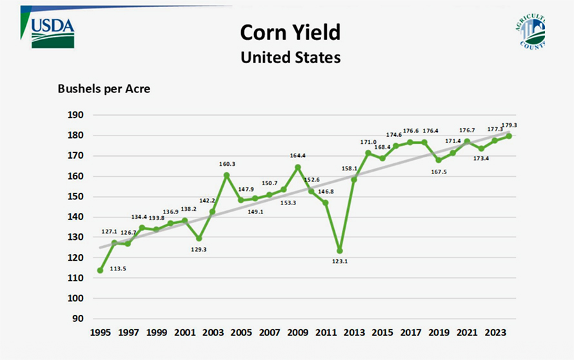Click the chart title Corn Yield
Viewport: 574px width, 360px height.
click(x=290, y=32)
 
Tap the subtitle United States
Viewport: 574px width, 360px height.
click(x=290, y=57)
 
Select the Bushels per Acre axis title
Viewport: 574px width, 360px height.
click(x=104, y=89)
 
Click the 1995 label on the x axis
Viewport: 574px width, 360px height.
click(x=100, y=333)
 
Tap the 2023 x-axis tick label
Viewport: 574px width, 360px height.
click(x=495, y=333)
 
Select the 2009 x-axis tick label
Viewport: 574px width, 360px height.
click(x=297, y=333)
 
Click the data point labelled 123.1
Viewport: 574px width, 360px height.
click(x=340, y=250)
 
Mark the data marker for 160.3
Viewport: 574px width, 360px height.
click(x=227, y=175)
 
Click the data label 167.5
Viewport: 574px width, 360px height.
click(x=439, y=172)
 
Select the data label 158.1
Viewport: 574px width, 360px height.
click(x=351, y=169)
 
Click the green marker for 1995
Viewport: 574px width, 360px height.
click(x=100, y=270)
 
